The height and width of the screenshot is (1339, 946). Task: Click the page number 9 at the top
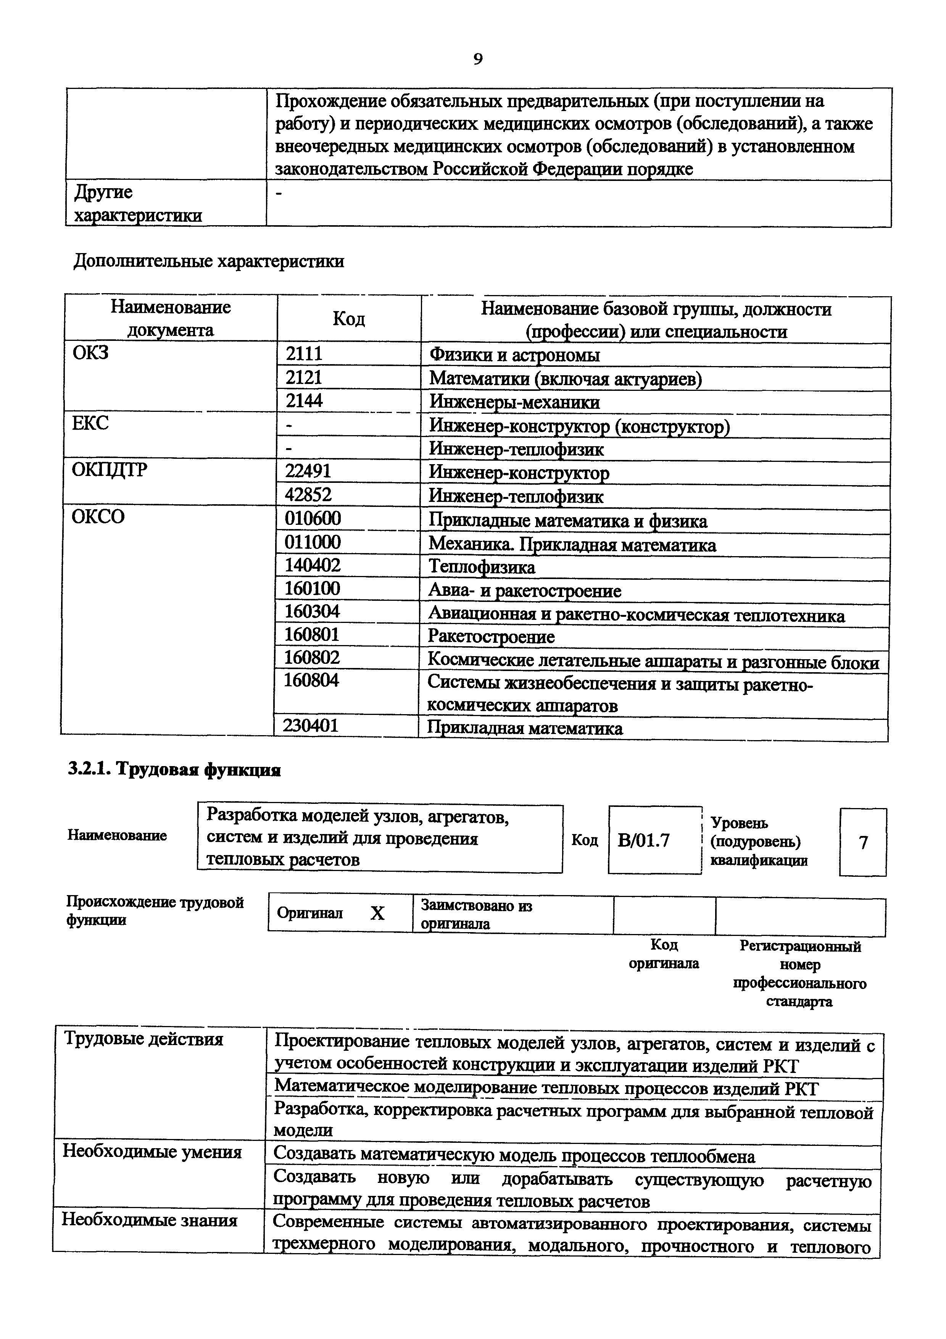click(477, 59)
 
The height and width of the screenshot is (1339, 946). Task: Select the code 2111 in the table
click(304, 353)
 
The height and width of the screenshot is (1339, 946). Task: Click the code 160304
click(312, 611)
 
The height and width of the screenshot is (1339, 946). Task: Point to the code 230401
click(311, 726)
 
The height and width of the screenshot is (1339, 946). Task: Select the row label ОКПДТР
click(110, 470)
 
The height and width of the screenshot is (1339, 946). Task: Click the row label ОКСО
click(98, 517)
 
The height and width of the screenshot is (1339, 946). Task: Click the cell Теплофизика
click(482, 567)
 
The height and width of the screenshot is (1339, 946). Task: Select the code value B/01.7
click(643, 841)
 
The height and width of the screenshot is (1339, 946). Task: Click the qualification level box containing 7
click(863, 842)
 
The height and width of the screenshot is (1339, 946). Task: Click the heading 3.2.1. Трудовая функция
click(174, 770)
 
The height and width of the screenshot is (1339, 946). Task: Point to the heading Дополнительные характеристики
click(209, 261)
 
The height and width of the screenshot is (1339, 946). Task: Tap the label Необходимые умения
click(152, 1152)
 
